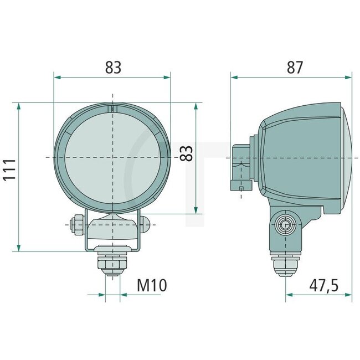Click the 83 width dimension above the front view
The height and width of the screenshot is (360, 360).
(x=112, y=68)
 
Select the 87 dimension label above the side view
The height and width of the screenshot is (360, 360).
(x=295, y=68)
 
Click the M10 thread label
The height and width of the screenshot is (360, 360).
(x=151, y=285)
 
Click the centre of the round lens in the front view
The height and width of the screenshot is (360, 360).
(x=112, y=157)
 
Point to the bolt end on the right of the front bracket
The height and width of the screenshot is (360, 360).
(x=146, y=224)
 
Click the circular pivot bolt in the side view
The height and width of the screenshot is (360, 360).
(x=285, y=224)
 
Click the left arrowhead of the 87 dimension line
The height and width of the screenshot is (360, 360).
(x=233, y=78)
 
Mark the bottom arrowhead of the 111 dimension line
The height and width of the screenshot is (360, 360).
(x=19, y=248)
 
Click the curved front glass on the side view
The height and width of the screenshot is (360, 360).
(x=345, y=158)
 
